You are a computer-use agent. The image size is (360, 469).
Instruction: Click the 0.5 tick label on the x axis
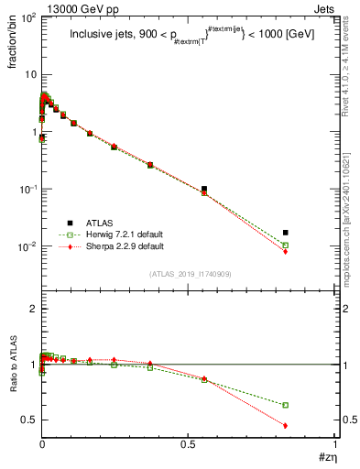pyautogui.click(x=189, y=445)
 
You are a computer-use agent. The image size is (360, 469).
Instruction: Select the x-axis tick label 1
pyautogui.click(x=335, y=445)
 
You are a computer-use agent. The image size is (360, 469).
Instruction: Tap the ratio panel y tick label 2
pyautogui.click(x=32, y=309)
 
